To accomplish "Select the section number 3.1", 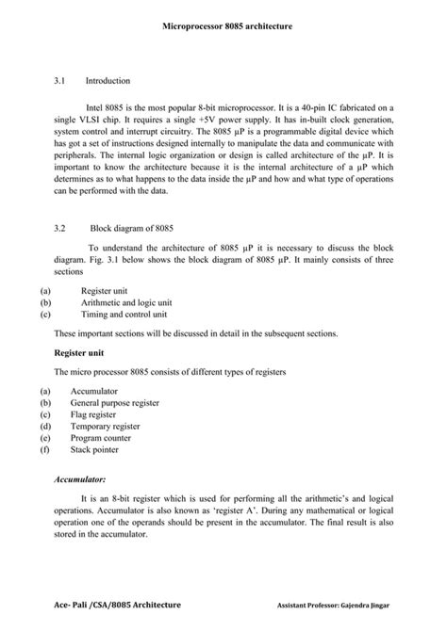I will pos(61,82).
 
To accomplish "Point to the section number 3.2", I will pos(61,229).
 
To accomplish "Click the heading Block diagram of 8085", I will pos(131,229).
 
